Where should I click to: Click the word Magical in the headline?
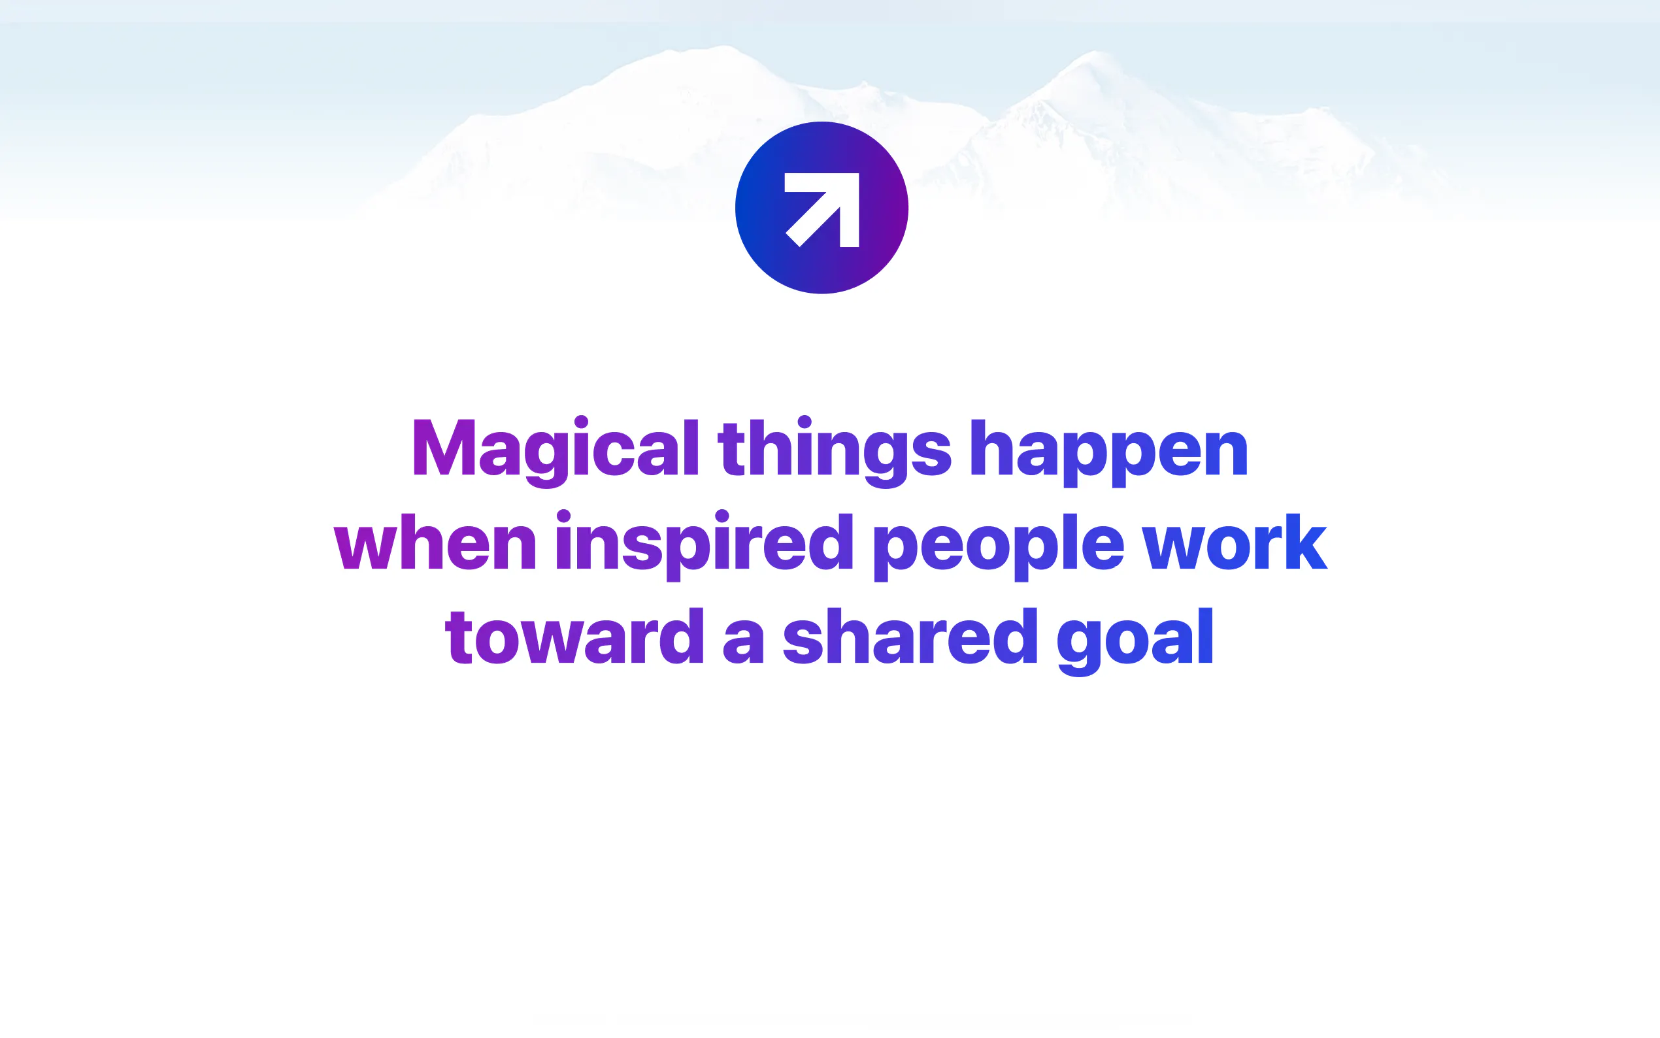[555, 450]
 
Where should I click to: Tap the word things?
[835, 451]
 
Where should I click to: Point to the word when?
[435, 541]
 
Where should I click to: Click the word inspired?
[704, 545]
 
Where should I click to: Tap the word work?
[1235, 541]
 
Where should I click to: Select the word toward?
[574, 636]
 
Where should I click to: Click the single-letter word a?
[744, 643]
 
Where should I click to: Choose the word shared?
[910, 636]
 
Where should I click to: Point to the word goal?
[1135, 641]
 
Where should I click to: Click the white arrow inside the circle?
[822, 209]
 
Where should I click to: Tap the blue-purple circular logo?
[822, 208]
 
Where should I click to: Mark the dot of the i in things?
[805, 422]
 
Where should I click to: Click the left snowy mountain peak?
[724, 48]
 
